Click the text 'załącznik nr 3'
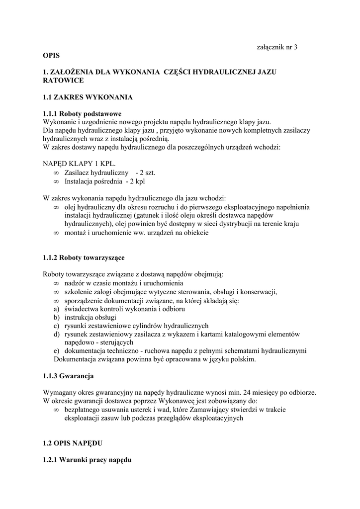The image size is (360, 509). tap(276, 47)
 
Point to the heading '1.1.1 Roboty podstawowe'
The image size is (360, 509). tap(82, 114)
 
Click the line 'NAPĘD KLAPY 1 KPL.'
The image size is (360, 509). tap(80, 164)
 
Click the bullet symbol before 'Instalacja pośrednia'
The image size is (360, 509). tap(56, 181)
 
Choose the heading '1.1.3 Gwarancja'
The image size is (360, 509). tap(69, 375)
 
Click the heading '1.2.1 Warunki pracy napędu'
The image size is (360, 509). tap(87, 460)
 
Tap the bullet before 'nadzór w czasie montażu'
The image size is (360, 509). tap(56, 283)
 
